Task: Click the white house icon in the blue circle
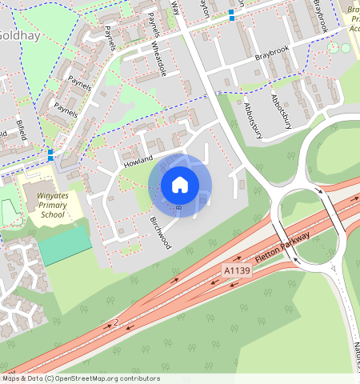(x=180, y=185)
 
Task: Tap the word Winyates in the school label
(x=53, y=194)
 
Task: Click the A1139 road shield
(x=238, y=271)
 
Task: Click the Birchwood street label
(x=161, y=233)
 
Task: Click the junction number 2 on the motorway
(x=116, y=322)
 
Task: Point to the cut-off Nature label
(x=354, y=351)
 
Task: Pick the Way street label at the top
(x=175, y=8)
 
